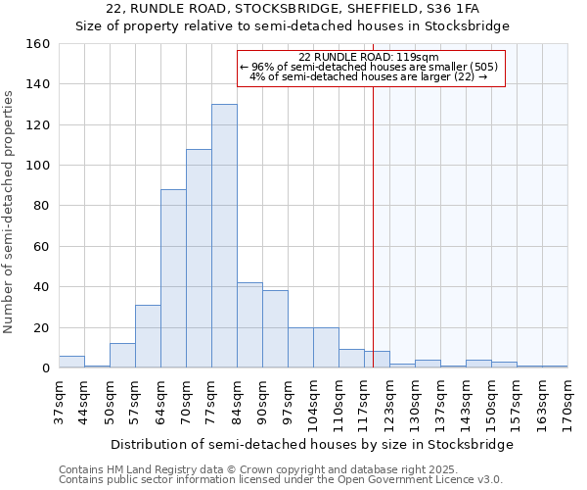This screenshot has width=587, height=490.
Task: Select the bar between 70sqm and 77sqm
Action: point(199,259)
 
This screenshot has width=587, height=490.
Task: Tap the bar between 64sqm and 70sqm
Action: point(173,279)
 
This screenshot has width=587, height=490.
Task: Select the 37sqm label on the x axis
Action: point(59,403)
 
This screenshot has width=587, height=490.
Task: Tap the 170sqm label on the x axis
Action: point(567,403)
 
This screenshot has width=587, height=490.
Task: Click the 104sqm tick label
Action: point(313,403)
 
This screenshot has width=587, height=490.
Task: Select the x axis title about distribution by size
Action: point(312,444)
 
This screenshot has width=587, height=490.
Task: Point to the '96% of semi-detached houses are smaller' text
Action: point(369,67)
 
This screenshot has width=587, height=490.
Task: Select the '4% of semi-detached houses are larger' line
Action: point(369,76)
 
